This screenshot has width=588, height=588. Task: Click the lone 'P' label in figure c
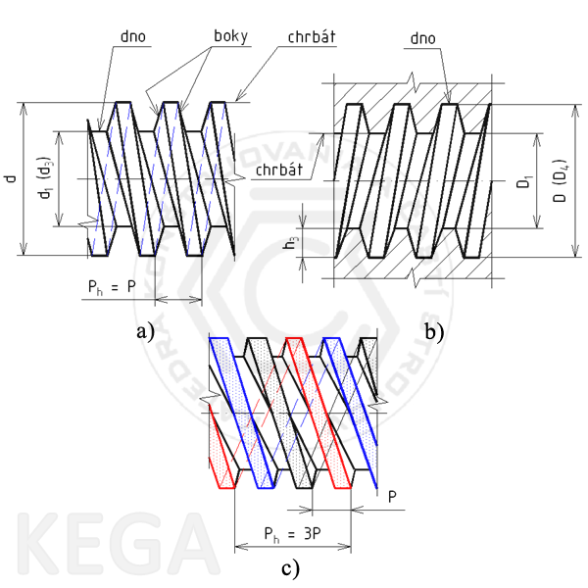(392, 496)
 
